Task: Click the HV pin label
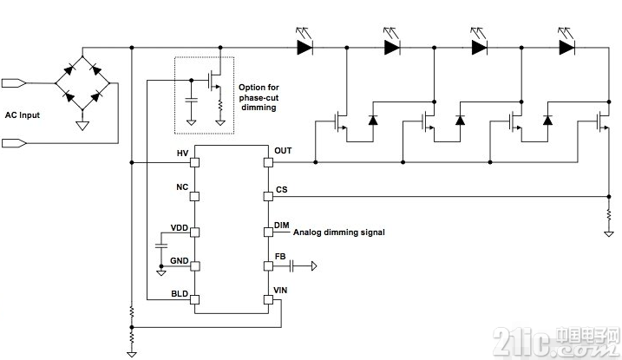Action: (x=182, y=153)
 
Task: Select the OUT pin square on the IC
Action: (x=269, y=162)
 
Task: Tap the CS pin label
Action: (x=282, y=189)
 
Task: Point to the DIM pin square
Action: (x=269, y=232)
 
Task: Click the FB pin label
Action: (x=280, y=257)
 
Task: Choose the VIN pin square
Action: (x=269, y=300)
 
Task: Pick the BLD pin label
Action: (x=180, y=294)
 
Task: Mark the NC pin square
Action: (x=194, y=196)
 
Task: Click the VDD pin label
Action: (x=180, y=227)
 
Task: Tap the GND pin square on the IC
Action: (x=194, y=265)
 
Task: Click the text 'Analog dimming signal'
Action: (x=339, y=232)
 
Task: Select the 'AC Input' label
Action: (x=23, y=115)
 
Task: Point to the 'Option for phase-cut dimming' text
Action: (x=259, y=97)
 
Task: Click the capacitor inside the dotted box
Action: (x=191, y=99)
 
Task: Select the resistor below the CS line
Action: (x=609, y=215)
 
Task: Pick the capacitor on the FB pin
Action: (x=291, y=265)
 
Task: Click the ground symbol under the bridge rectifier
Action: (x=82, y=126)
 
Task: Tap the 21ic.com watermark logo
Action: (x=556, y=342)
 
